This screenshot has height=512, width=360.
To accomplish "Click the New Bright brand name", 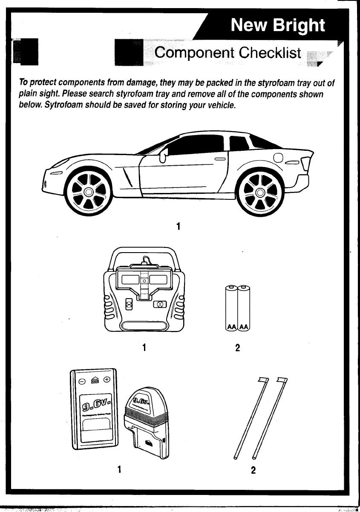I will [x=278, y=26].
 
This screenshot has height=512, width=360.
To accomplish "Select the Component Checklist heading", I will [x=228, y=53].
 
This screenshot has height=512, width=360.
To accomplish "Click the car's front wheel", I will [x=88, y=192].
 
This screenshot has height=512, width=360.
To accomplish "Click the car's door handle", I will [x=220, y=159].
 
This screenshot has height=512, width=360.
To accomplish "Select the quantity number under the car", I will [x=178, y=227].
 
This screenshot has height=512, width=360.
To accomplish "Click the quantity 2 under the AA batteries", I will [x=238, y=348].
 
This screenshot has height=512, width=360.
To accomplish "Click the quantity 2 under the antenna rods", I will [x=253, y=470].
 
